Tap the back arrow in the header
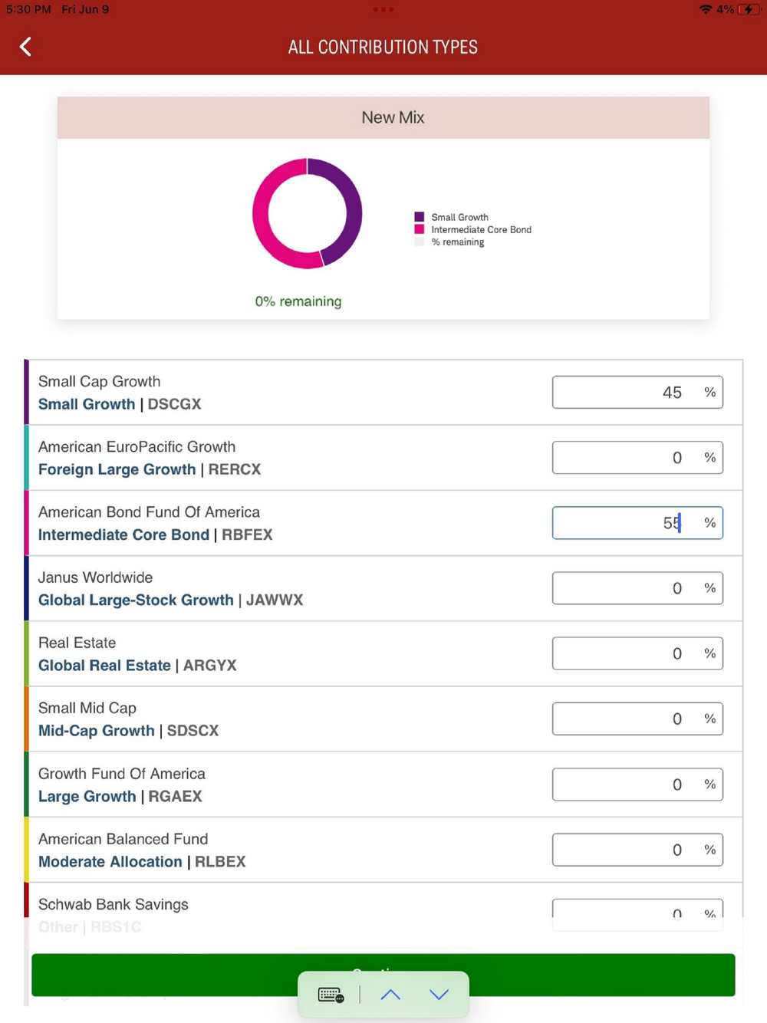(25, 47)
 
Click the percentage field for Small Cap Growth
(637, 393)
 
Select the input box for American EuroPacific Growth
(637, 458)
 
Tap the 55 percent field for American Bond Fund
(637, 523)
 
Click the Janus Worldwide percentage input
(637, 588)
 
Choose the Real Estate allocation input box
(637, 653)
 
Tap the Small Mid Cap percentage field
(637, 719)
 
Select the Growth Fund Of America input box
(637, 785)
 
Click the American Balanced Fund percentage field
(637, 850)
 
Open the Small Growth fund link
(87, 404)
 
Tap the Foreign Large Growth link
(117, 469)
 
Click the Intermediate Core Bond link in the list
(123, 535)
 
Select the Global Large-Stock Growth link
(136, 600)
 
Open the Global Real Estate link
(104, 666)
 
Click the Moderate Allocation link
(110, 862)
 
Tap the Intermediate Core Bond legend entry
(480, 229)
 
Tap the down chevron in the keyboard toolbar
(439, 995)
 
